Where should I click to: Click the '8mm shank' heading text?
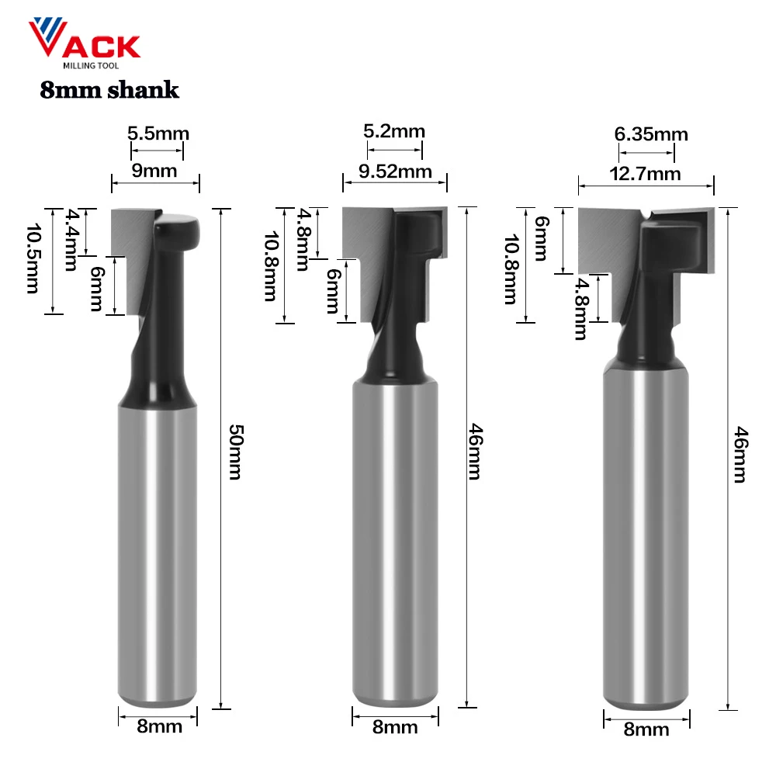click(x=109, y=91)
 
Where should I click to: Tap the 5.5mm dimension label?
click(x=158, y=133)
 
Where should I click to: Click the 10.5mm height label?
click(x=33, y=258)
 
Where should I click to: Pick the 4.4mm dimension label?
click(x=72, y=239)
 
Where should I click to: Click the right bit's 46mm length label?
click(x=740, y=454)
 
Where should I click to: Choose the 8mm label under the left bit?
click(x=160, y=726)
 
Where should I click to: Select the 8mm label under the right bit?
click(x=646, y=729)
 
